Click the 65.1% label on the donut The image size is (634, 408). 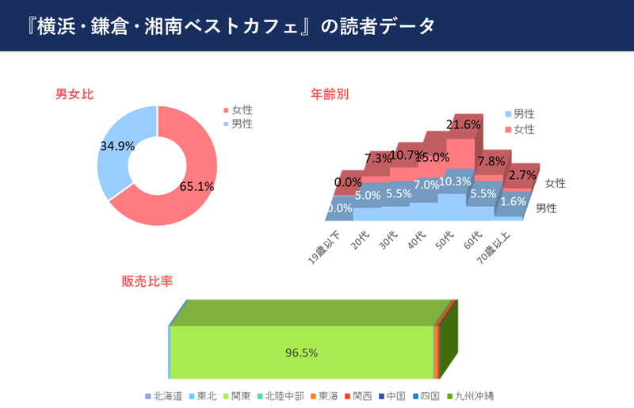[197, 188]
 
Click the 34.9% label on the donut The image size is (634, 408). [117, 146]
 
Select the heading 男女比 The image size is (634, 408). [74, 94]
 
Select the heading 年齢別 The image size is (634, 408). [330, 94]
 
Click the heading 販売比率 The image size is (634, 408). [147, 281]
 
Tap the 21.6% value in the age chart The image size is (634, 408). [464, 124]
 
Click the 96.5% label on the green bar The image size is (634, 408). [301, 353]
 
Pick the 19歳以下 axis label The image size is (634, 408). [325, 246]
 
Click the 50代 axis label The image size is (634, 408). [445, 238]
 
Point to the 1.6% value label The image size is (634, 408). [514, 201]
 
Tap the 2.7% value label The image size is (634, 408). [523, 174]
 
